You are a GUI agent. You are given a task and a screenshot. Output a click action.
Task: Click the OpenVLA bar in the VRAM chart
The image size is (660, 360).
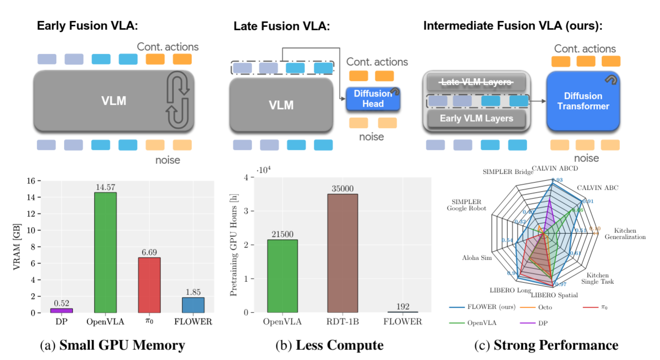point(105,252)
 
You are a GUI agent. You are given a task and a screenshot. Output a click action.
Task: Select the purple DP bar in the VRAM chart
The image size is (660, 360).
point(62,310)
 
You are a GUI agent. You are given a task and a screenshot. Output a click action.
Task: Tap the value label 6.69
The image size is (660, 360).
point(149,253)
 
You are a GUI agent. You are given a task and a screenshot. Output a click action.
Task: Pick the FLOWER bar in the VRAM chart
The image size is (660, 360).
point(193,305)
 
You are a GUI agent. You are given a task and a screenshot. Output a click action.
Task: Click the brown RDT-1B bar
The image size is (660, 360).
point(343,253)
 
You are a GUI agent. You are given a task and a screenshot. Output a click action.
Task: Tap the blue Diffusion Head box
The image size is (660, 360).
point(373,98)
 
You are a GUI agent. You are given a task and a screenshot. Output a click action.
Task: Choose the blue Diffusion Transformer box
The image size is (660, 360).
point(583,101)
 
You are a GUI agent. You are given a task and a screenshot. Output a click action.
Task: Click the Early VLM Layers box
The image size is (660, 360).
point(476,118)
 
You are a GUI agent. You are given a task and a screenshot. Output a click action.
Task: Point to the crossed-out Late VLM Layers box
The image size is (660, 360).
point(476,82)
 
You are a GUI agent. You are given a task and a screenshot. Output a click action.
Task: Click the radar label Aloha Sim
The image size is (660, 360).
point(477,258)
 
